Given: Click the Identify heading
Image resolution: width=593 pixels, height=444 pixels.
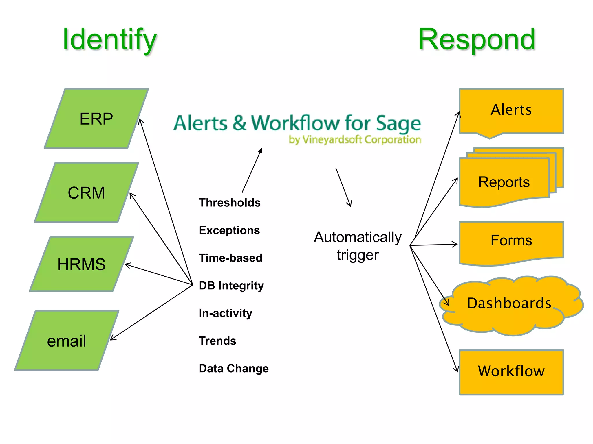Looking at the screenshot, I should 109,40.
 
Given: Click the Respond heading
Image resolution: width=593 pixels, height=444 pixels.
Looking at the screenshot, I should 477,40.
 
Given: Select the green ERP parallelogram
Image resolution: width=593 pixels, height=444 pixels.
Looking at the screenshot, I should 96,119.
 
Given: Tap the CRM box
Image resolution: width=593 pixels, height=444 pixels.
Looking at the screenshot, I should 86,193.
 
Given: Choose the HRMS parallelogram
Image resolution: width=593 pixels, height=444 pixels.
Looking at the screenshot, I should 81,264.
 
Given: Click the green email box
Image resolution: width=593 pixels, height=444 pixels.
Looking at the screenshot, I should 67,341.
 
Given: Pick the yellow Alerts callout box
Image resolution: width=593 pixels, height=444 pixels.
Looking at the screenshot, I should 511,110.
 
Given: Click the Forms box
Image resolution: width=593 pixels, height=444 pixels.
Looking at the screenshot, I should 511,240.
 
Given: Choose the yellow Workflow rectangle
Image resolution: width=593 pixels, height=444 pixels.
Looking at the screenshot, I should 511,371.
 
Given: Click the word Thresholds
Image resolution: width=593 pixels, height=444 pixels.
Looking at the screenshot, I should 230,203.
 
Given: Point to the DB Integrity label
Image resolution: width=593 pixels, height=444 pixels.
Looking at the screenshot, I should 231,286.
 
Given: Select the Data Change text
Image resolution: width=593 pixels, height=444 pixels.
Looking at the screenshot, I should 234,369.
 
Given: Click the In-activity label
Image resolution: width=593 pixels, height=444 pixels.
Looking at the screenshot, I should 225,313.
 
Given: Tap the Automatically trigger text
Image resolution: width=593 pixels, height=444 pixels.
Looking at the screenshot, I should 358,246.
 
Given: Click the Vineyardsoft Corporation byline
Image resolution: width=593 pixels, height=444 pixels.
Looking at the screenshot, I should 355,140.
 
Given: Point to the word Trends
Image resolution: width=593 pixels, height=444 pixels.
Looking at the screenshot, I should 217,341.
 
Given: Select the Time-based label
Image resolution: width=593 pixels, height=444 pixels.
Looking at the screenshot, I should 230,258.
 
